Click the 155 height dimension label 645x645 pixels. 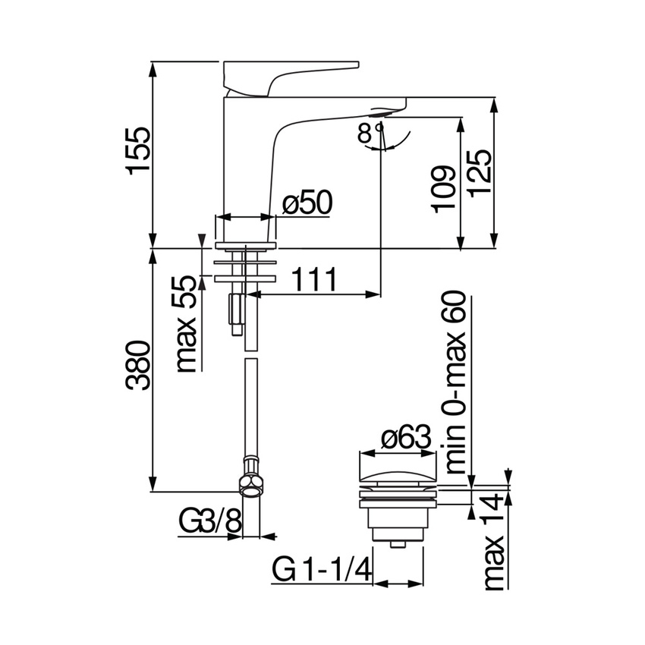[140, 150]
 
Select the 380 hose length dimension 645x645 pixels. [140, 366]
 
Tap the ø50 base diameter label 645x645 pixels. [307, 203]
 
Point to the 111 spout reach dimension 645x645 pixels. [313, 280]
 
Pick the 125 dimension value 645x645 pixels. [480, 172]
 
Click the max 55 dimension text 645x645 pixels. [187, 323]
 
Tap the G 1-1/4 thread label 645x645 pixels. [320, 569]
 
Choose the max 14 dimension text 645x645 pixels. [494, 541]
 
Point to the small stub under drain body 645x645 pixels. [397, 543]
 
